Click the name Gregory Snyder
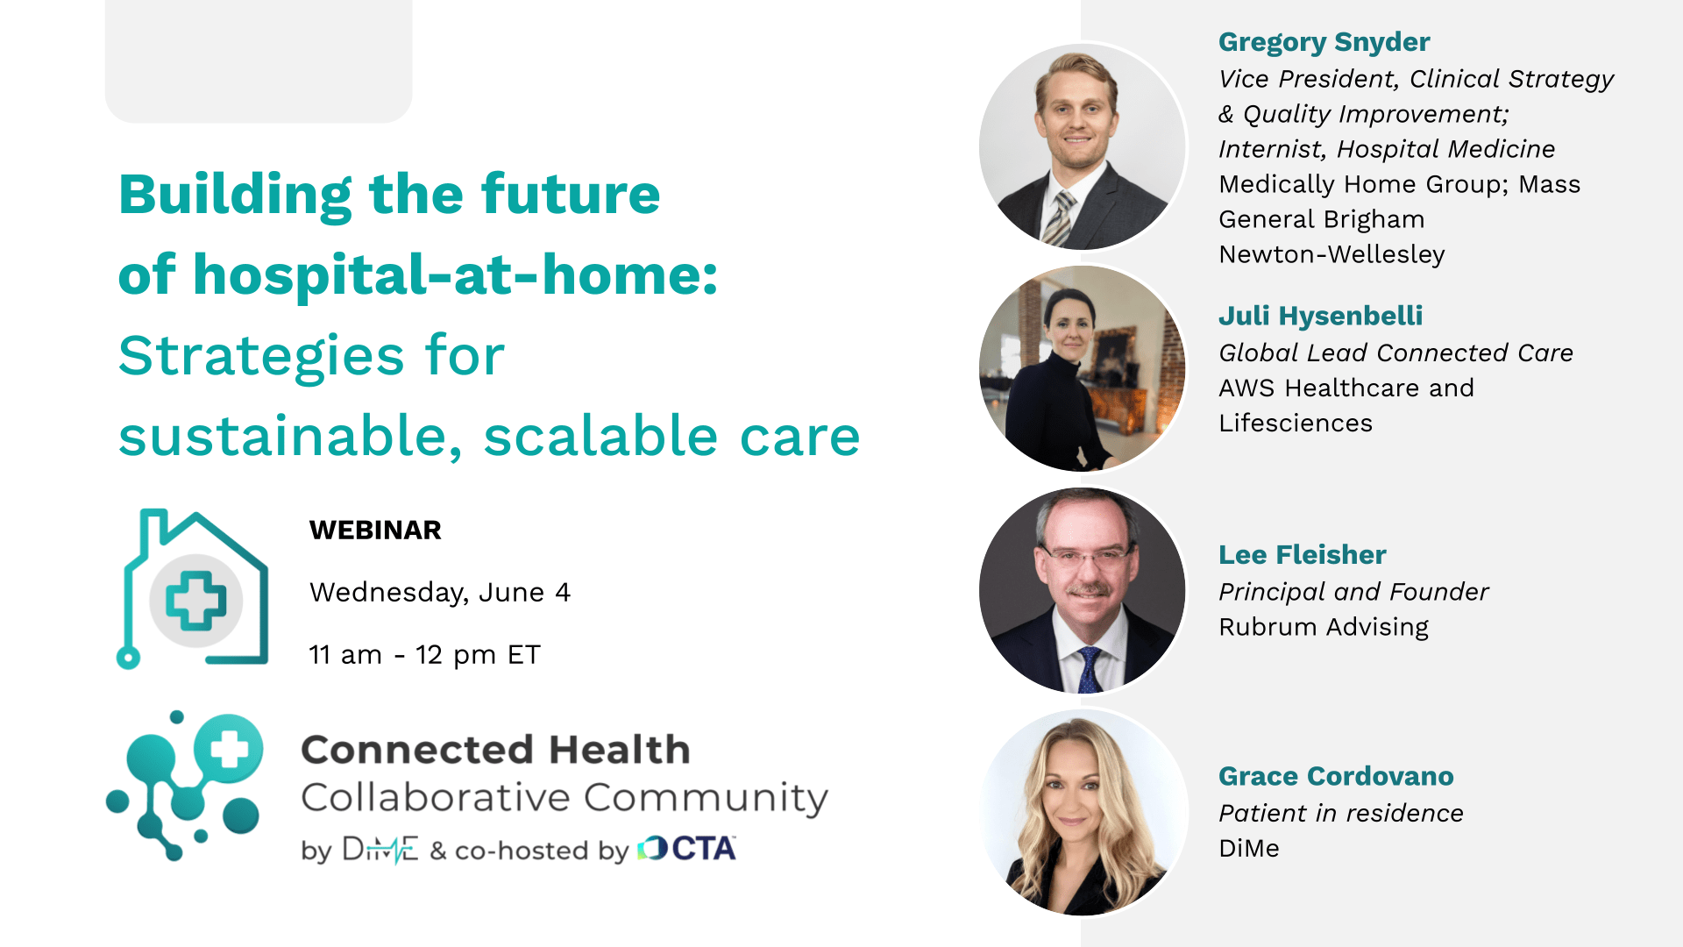pyautogui.click(x=1324, y=42)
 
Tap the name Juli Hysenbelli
pyautogui.click(x=1320, y=316)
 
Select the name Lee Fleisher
pyautogui.click(x=1303, y=554)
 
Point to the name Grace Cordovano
pyautogui.click(x=1336, y=776)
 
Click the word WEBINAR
pyautogui.click(x=375, y=530)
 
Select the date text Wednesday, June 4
pyautogui.click(x=440, y=593)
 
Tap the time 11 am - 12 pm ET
pyautogui.click(x=425, y=655)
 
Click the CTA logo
pyautogui.click(x=687, y=848)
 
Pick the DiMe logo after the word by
pyautogui.click(x=380, y=849)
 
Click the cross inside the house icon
pyautogui.click(x=196, y=601)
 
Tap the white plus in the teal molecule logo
pyautogui.click(x=230, y=750)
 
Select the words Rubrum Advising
pyautogui.click(x=1324, y=627)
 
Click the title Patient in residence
pyautogui.click(x=1341, y=813)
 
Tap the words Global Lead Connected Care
pyautogui.click(x=1395, y=352)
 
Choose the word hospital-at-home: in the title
pyautogui.click(x=456, y=274)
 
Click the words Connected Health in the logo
pyautogui.click(x=496, y=750)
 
